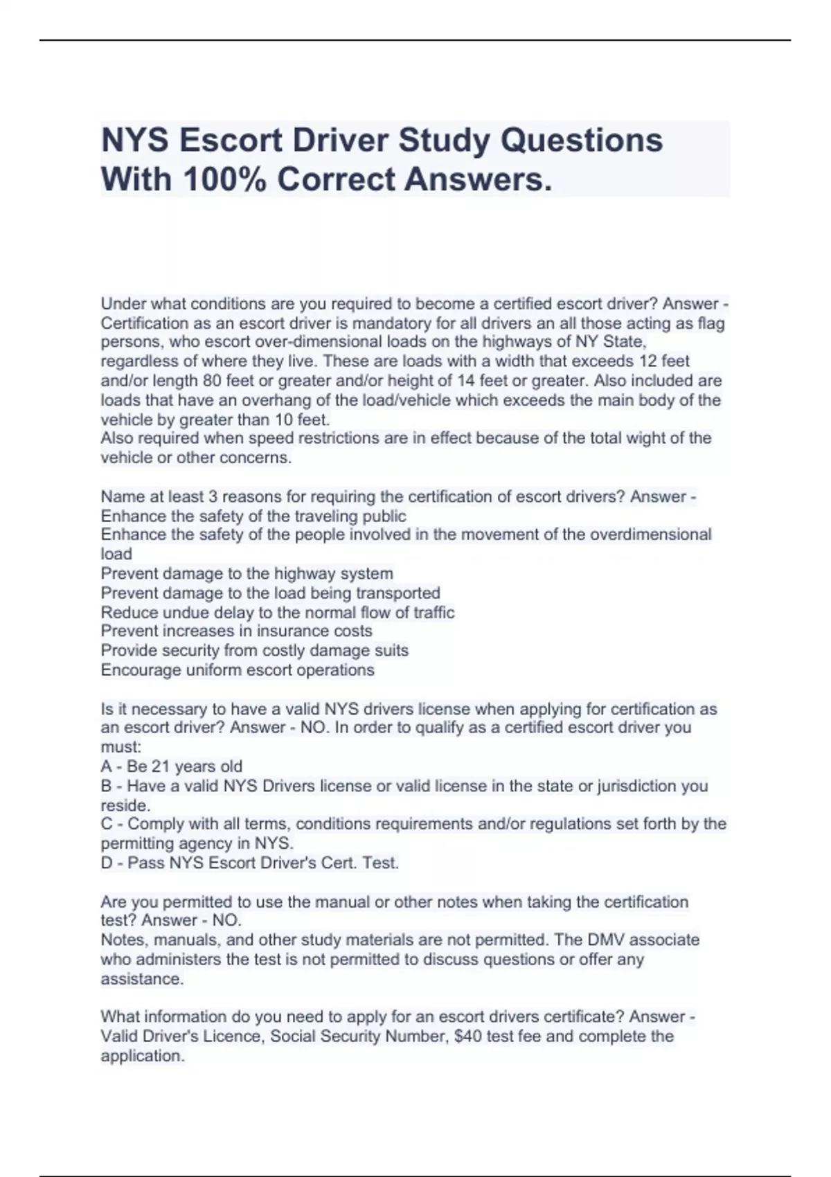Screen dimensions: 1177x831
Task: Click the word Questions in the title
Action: (x=582, y=141)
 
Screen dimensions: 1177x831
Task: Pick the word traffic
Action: (x=434, y=613)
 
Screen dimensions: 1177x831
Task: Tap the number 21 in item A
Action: (x=161, y=766)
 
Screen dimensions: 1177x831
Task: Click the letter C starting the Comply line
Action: (x=107, y=824)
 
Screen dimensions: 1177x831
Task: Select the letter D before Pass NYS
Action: (x=107, y=863)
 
